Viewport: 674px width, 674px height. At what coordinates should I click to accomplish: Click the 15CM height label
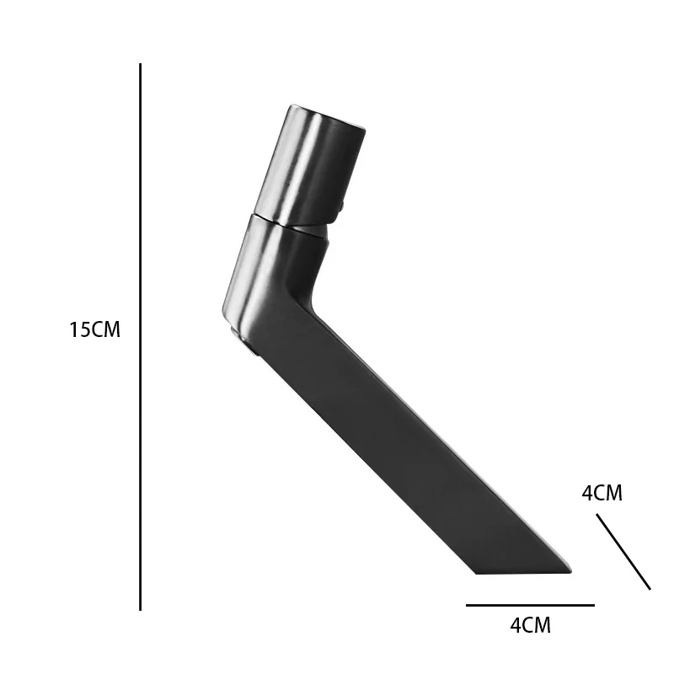[x=94, y=329]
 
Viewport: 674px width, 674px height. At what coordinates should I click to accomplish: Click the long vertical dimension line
[x=140, y=336]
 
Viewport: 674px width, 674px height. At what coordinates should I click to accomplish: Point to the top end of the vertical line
[x=140, y=64]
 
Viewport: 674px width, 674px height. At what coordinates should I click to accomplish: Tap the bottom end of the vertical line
[x=140, y=610]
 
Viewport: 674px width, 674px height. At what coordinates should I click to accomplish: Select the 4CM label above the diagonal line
[x=602, y=493]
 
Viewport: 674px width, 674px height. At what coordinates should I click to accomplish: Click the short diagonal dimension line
[x=623, y=552]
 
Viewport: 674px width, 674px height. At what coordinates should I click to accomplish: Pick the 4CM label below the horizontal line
[x=531, y=625]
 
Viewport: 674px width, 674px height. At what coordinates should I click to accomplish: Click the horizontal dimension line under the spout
[x=530, y=605]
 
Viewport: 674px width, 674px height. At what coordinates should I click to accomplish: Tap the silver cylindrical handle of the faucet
[x=310, y=165]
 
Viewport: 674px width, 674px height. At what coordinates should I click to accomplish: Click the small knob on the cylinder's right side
[x=341, y=206]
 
